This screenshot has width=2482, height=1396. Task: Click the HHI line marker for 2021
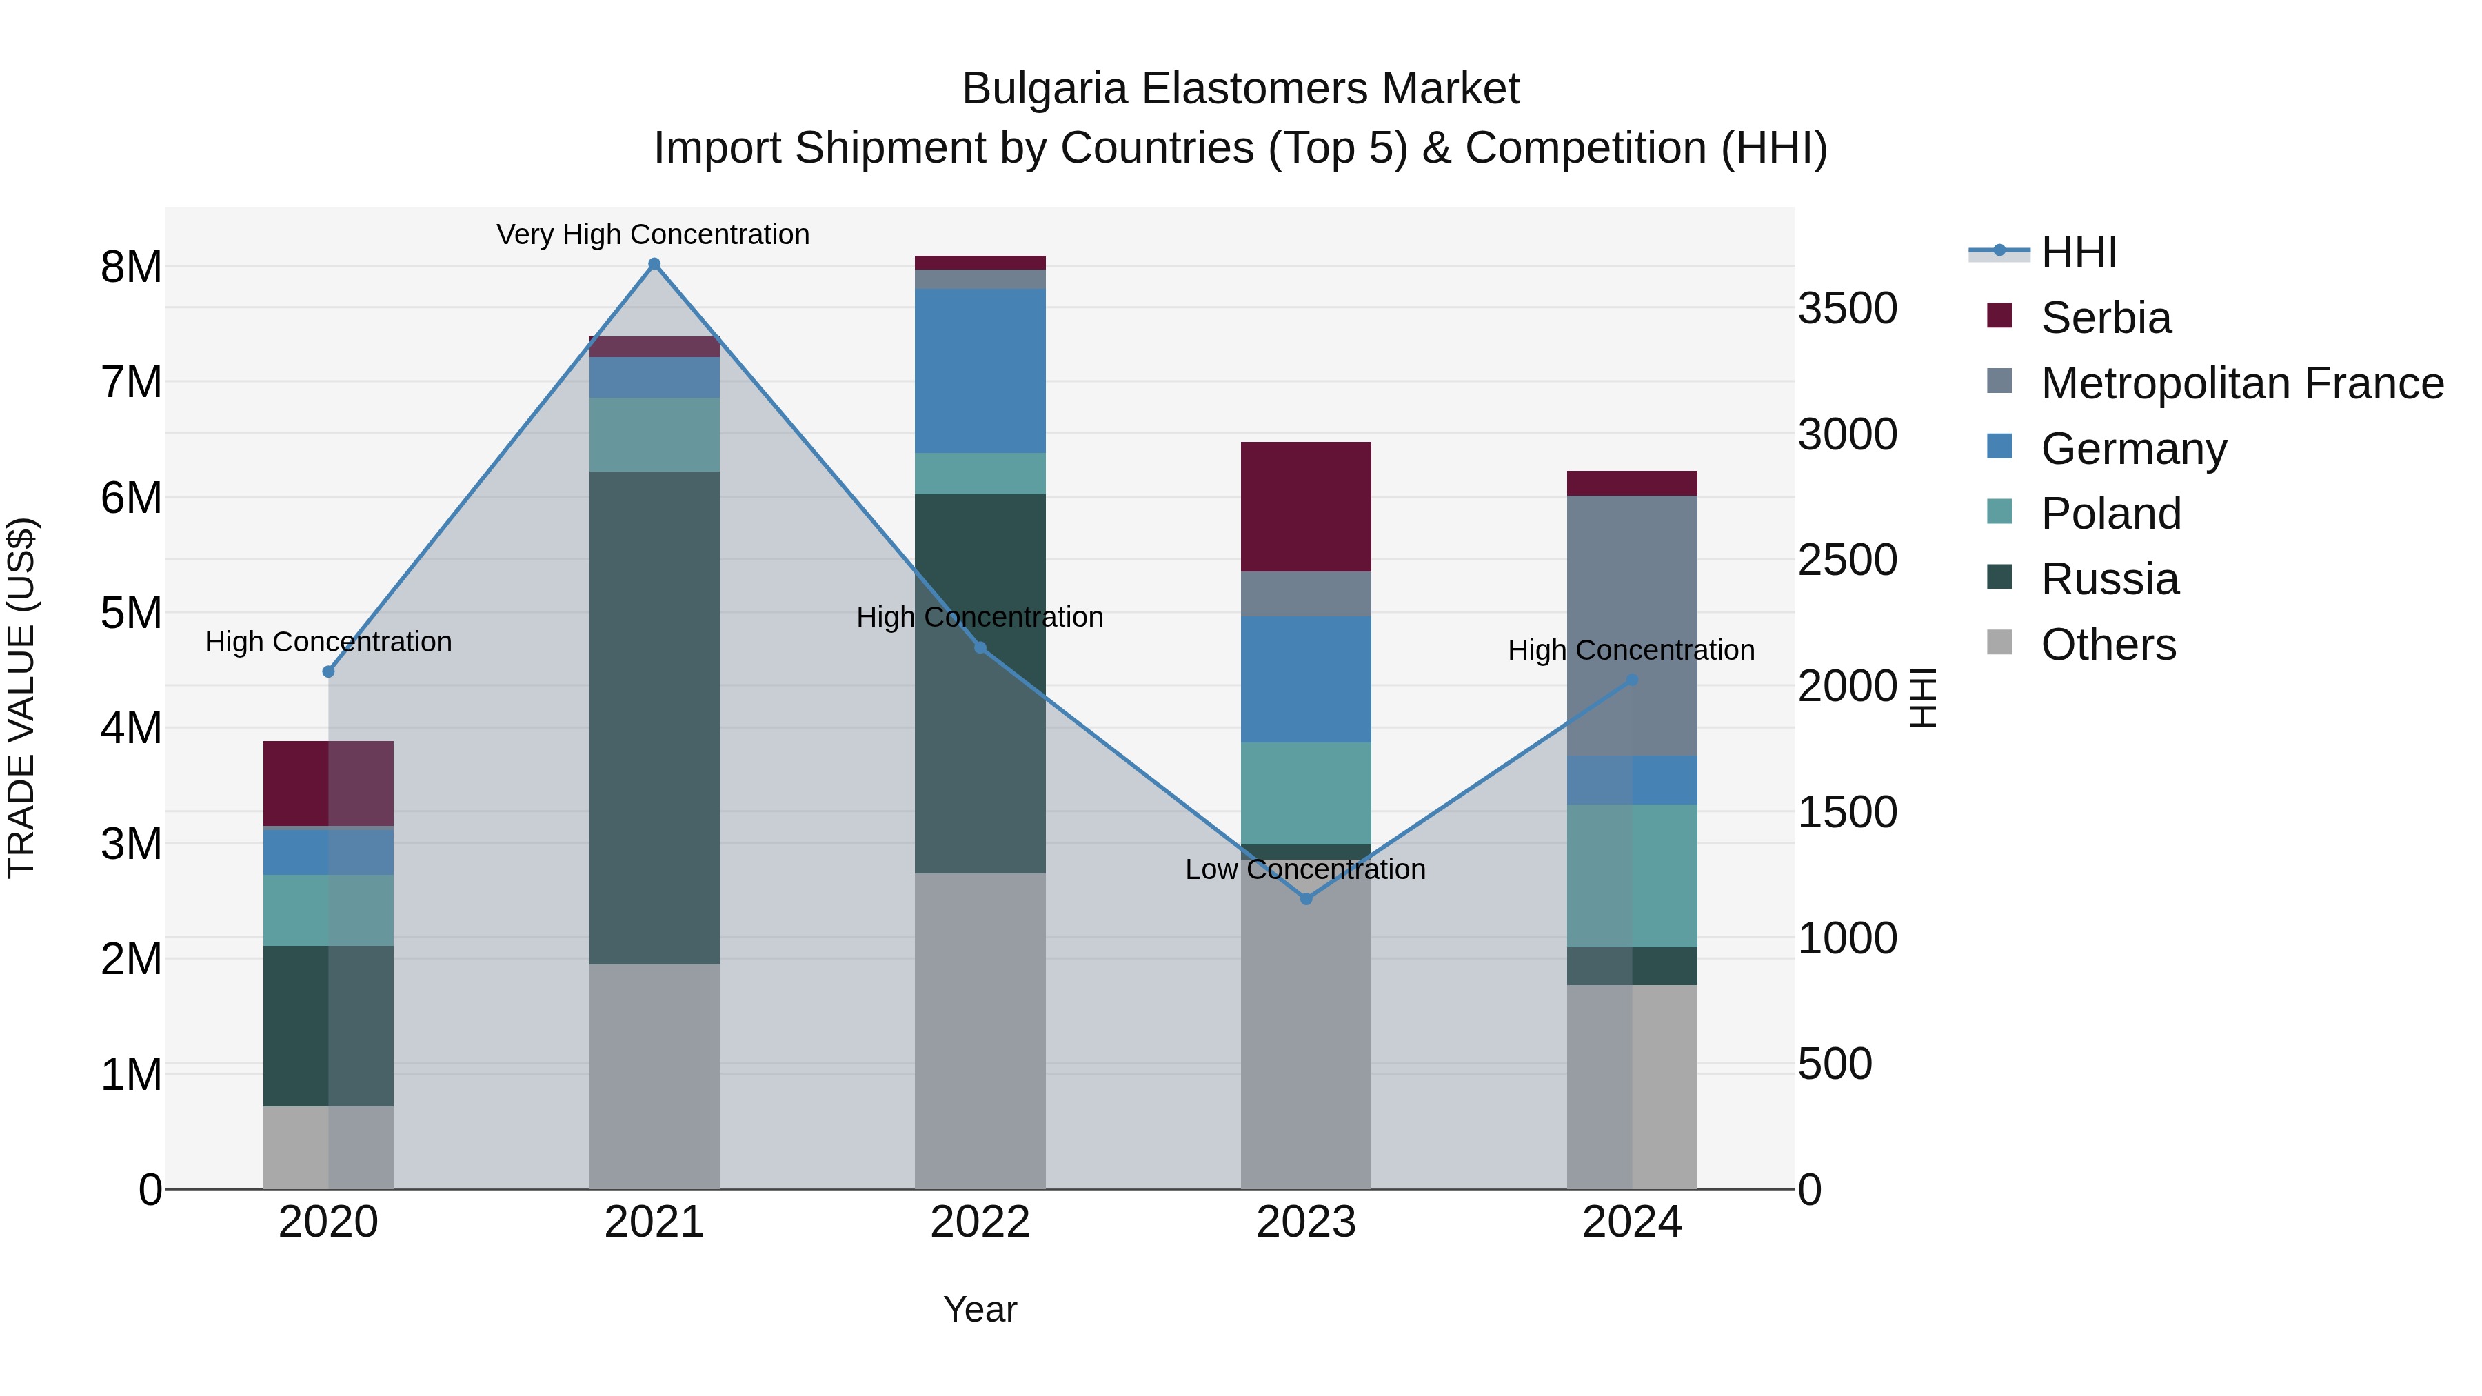click(654, 264)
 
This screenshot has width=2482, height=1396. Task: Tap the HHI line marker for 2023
click(1306, 899)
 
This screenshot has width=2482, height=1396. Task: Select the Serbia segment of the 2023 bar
click(1306, 507)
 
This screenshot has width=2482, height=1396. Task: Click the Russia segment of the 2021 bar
click(654, 718)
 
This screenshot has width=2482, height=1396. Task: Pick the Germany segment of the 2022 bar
click(980, 371)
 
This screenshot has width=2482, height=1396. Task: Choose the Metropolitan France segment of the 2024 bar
click(1631, 626)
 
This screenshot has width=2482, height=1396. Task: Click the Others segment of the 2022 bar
click(980, 1031)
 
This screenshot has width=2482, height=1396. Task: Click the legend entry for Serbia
click(2106, 318)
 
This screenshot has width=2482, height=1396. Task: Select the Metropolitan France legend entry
click(2241, 383)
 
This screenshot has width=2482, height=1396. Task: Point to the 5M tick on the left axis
click(131, 614)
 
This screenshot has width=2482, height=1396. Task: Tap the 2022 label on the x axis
click(980, 1222)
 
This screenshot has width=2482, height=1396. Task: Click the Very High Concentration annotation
click(654, 234)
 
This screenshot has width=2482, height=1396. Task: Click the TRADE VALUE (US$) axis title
click(21, 698)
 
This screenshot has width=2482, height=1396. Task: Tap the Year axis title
click(980, 1309)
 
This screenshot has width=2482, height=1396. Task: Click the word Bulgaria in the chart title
click(1045, 90)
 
